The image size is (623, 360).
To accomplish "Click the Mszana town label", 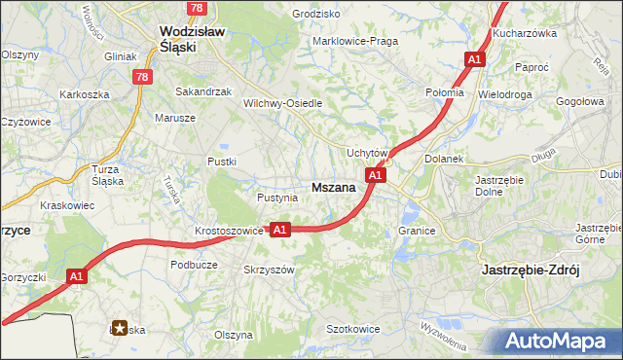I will (x=332, y=189).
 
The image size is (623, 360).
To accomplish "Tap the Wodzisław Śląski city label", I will (x=192, y=39).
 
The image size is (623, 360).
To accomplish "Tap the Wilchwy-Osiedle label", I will (x=282, y=102).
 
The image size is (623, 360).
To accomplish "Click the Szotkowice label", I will (x=352, y=330).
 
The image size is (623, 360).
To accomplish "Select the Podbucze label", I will (x=192, y=264).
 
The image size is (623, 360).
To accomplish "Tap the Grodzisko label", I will (x=316, y=15).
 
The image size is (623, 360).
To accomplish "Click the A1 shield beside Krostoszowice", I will (x=279, y=230).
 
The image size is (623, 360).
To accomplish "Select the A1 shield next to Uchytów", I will (x=377, y=175).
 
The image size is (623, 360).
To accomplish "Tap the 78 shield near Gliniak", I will (x=143, y=77).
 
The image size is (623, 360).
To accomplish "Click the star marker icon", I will (x=120, y=328).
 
